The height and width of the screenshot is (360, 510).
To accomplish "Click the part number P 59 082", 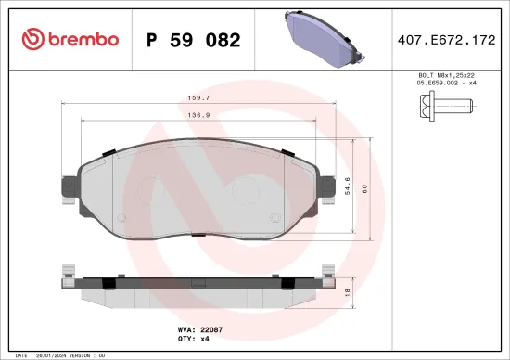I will [194, 40].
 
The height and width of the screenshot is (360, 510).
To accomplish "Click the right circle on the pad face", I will [248, 191].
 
